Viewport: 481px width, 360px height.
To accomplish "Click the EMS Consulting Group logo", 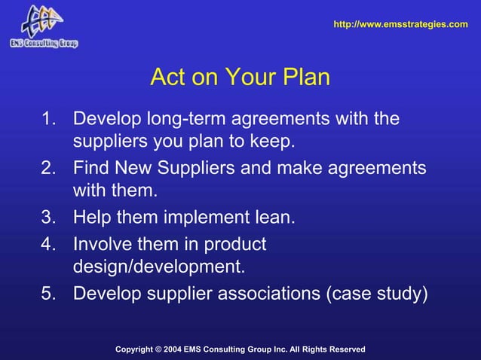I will (43, 26).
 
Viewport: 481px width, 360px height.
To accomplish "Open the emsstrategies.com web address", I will (400, 25).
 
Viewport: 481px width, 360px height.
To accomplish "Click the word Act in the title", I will (168, 78).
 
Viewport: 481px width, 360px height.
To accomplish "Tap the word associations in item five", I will (267, 293).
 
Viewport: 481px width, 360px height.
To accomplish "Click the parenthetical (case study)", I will (375, 293).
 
